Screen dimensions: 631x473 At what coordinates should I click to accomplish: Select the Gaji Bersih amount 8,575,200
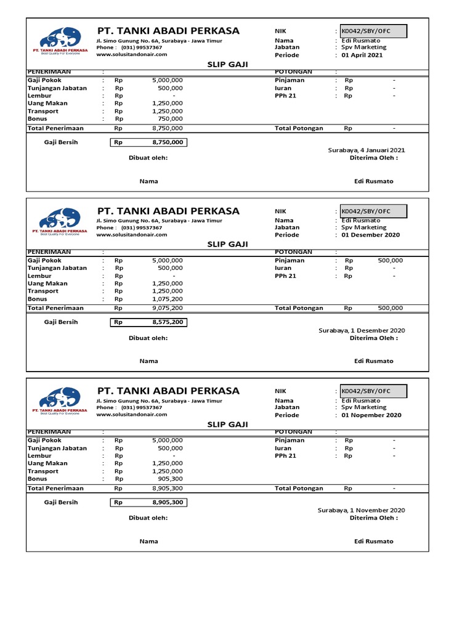[168, 322]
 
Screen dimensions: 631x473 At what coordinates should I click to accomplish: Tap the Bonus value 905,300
[170, 479]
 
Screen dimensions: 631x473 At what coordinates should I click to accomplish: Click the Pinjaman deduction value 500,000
[390, 261]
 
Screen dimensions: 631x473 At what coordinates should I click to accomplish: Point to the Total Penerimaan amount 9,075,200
[167, 308]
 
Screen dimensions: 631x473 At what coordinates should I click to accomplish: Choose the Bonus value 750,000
[170, 119]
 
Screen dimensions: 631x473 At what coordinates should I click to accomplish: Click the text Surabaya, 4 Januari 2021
[366, 150]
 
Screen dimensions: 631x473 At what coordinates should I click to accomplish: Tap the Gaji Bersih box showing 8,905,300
[148, 503]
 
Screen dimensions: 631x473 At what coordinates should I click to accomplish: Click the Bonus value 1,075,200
[167, 299]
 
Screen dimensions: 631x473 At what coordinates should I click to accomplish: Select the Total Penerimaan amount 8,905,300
[167, 488]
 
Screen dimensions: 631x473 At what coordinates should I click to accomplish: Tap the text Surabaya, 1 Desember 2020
[362, 330]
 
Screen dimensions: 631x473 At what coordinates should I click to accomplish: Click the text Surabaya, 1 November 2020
[361, 510]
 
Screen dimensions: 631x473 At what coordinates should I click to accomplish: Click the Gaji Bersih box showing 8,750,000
[148, 142]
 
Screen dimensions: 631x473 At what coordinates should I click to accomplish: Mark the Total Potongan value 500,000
[390, 308]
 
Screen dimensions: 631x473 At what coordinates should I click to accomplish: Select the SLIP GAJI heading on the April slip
[227, 64]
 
